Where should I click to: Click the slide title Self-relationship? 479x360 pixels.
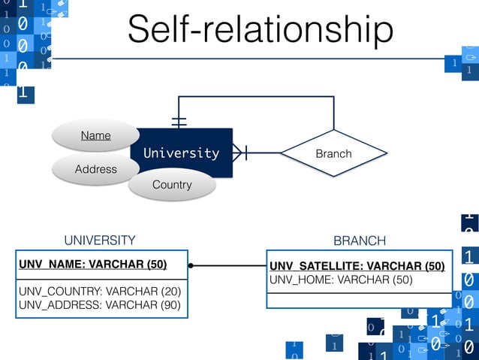[x=260, y=30]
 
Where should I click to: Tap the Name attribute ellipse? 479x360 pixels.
[x=95, y=135]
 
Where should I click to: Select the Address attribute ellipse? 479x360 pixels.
[x=95, y=169]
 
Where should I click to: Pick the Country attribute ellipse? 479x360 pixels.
[x=172, y=184]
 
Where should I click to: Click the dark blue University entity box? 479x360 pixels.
[x=182, y=153]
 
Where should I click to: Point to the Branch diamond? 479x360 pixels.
[x=333, y=153]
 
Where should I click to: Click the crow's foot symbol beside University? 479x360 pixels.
[x=239, y=153]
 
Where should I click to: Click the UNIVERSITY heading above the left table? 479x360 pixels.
[x=99, y=241]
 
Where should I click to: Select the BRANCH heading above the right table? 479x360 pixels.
[x=359, y=241]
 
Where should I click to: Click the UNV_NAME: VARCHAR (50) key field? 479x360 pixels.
[x=92, y=265]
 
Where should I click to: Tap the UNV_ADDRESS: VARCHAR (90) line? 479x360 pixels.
[x=99, y=304]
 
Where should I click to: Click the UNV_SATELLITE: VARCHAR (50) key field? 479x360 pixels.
[x=357, y=266]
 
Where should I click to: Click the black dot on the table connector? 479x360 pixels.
[x=191, y=265]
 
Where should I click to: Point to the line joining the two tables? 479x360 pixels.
[x=229, y=265]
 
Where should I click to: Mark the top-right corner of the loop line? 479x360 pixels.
[x=333, y=98]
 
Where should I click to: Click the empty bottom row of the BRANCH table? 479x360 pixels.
[x=360, y=300]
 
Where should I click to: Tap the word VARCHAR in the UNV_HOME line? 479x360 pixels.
[x=363, y=280]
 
